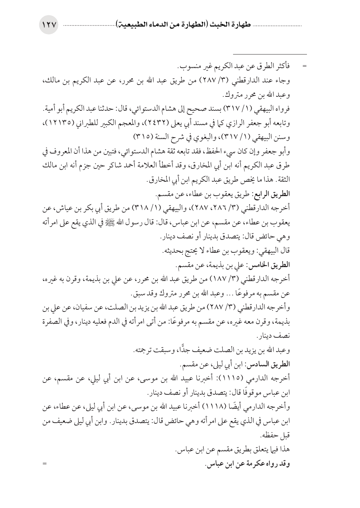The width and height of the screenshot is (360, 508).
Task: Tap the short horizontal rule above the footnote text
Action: [x=270, y=54]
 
